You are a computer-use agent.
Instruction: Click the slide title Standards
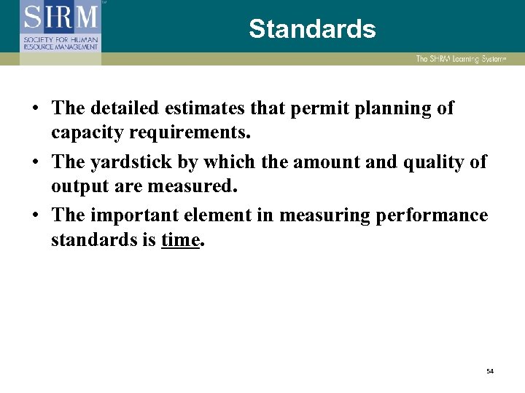tap(312, 29)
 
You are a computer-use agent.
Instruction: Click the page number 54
tap(490, 371)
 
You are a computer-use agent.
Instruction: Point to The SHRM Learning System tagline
tap(459, 59)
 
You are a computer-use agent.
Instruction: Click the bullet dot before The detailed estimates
tap(35, 109)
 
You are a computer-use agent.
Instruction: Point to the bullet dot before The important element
tap(35, 216)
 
